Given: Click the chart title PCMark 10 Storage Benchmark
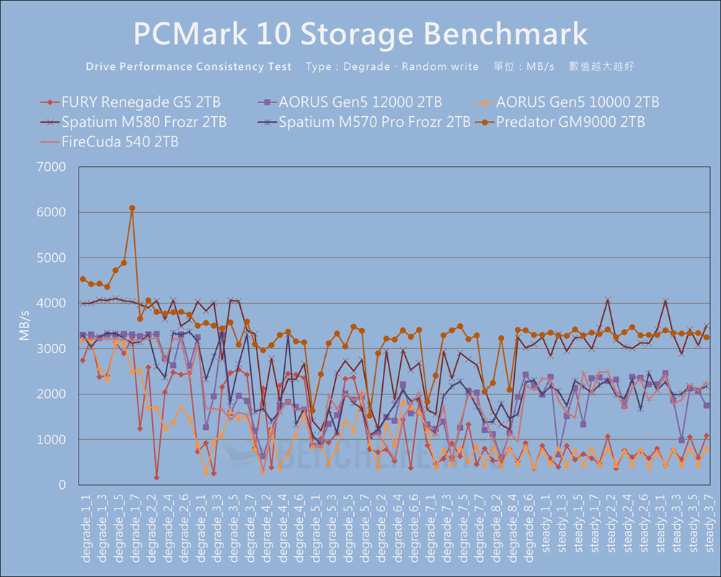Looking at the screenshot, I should pyautogui.click(x=360, y=33).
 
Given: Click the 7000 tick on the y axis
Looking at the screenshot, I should pyautogui.click(x=51, y=167).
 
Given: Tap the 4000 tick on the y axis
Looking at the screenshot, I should pyautogui.click(x=51, y=304).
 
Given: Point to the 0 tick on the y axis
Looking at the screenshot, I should pyautogui.click(x=62, y=485).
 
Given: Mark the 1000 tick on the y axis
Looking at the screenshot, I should pyautogui.click(x=51, y=440).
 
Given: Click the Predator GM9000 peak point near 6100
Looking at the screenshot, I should pyautogui.click(x=132, y=208).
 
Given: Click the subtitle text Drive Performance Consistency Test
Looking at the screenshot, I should pyautogui.click(x=189, y=66).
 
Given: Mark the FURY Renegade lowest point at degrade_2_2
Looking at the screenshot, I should pyautogui.click(x=156, y=477).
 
